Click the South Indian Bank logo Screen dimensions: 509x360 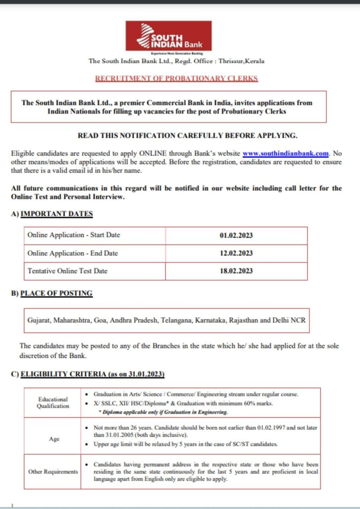click(168, 36)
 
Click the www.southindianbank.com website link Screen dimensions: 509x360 click(285, 153)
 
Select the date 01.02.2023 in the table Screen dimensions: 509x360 click(236, 235)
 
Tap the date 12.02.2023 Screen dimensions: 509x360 click(236, 253)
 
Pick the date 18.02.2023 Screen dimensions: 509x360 click(236, 271)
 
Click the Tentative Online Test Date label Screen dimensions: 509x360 click(67, 271)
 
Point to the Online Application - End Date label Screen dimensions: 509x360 click(73, 253)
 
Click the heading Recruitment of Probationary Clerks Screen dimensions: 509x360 click(176, 78)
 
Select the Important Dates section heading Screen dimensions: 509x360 click(57, 214)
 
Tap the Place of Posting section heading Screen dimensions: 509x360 click(56, 293)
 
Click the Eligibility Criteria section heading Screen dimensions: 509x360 click(92, 374)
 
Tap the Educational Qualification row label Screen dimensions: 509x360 click(53, 402)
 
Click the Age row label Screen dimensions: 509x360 click(54, 439)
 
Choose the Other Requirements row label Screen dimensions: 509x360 click(53, 472)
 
